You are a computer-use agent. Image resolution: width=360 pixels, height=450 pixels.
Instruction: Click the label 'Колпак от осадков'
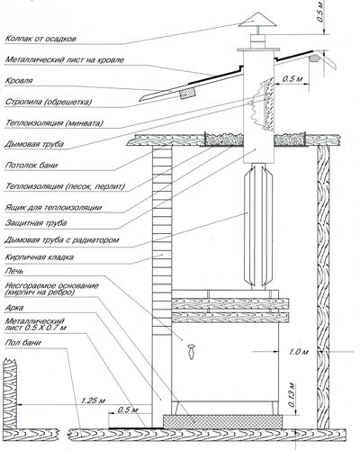40,39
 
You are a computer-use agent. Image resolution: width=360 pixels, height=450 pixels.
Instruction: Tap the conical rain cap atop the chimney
254,20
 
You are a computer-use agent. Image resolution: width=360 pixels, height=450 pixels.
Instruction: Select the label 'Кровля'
19,81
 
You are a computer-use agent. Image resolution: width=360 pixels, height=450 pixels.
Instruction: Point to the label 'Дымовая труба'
34,144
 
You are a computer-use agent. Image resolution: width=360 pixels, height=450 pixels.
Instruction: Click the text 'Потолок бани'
31,166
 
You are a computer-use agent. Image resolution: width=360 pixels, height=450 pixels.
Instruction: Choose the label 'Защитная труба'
36,223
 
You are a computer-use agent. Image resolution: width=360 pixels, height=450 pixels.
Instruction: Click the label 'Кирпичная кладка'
40,257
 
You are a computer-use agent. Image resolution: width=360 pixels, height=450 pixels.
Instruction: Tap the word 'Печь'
14,271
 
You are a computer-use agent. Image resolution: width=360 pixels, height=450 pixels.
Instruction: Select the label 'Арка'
14,308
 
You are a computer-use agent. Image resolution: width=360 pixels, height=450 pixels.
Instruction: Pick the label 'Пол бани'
22,343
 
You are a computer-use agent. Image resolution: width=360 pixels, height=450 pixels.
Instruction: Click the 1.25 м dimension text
93,400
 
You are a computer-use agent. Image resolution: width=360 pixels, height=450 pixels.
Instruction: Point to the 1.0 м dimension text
299,352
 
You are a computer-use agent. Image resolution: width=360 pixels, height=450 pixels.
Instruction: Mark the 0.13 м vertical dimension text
292,394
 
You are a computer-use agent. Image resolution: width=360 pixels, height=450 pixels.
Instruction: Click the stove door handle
191,352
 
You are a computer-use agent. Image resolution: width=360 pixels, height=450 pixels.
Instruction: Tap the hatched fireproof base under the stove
222,422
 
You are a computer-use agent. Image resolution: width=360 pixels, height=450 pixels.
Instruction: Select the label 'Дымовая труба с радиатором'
62,240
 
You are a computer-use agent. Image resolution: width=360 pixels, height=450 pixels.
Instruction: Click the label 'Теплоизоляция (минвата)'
54,123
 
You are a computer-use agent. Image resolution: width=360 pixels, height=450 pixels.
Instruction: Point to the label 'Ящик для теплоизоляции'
53,208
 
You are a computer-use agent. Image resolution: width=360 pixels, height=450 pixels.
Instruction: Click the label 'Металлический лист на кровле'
65,60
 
